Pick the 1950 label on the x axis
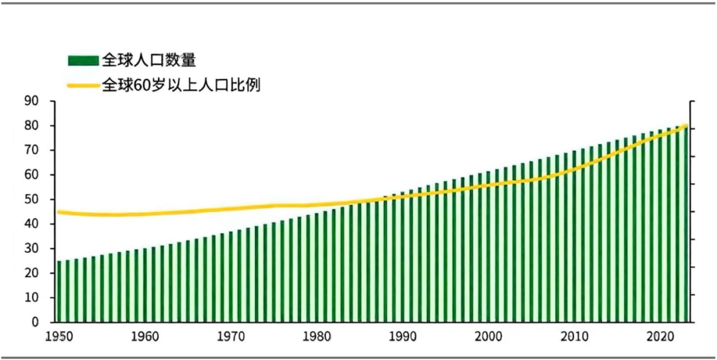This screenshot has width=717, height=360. (x=59, y=337)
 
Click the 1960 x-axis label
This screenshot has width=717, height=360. (x=145, y=337)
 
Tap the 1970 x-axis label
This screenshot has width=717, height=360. (x=230, y=337)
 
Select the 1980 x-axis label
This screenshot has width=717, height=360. (x=316, y=337)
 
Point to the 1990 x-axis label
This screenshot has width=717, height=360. (x=402, y=337)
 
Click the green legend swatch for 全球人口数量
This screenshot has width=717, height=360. (x=82, y=61)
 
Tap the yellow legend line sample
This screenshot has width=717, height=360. (x=82, y=85)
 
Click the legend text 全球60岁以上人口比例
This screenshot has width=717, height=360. (x=180, y=85)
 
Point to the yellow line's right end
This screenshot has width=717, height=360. (x=685, y=126)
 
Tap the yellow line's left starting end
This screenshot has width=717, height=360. (x=58, y=212)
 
